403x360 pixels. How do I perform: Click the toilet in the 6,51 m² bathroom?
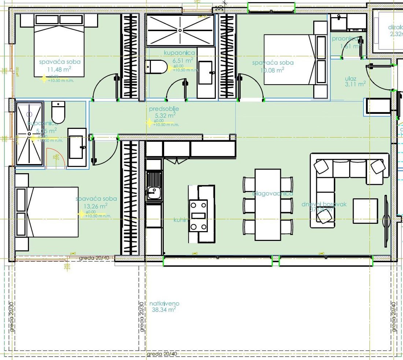pyautogui.click(x=156, y=67)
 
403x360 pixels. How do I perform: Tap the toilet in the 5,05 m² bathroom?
pyautogui.click(x=58, y=112)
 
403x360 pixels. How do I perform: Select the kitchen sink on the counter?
pyautogui.click(x=154, y=191)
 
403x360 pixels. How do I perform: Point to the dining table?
pyautogui.click(x=267, y=204)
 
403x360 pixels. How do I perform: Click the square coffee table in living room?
pyautogui.click(x=365, y=211)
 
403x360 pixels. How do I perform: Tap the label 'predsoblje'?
pyautogui.click(x=164, y=109)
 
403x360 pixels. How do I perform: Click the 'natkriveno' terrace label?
pyautogui.click(x=164, y=304)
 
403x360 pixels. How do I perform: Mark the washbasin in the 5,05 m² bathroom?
pyautogui.click(x=77, y=147)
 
